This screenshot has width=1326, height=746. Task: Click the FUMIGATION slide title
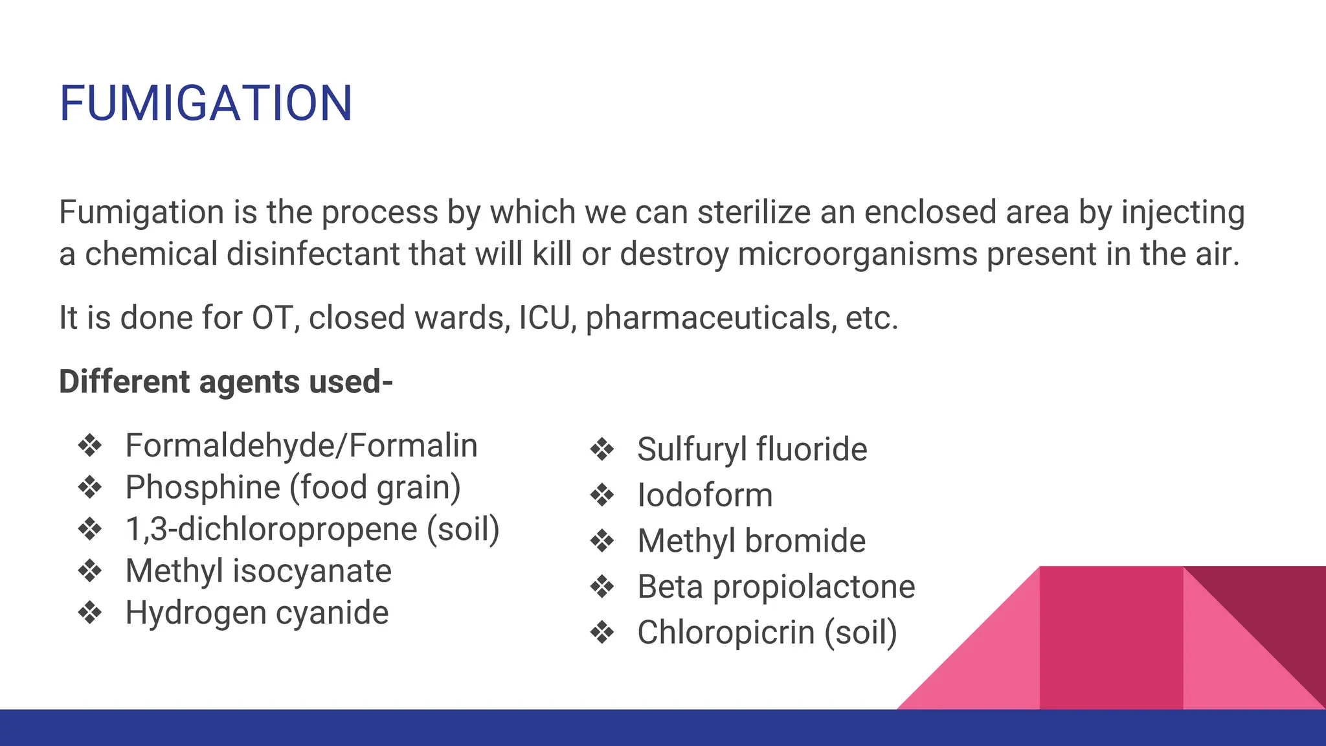tap(206, 104)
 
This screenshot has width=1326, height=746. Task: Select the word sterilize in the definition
tap(754, 212)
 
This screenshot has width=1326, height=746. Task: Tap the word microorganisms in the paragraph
tap(857, 254)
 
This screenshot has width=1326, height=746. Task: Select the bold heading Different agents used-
tap(226, 381)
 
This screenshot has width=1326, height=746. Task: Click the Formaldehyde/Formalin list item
tap(301, 446)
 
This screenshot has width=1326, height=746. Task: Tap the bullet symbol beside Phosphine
tap(89, 488)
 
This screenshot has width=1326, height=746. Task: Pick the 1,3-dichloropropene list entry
tap(312, 529)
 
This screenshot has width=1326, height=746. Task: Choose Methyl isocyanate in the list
tap(258, 571)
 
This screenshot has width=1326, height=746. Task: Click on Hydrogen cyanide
tap(257, 613)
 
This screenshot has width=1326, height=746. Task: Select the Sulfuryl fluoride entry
tap(752, 449)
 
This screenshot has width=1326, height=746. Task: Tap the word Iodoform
tap(704, 495)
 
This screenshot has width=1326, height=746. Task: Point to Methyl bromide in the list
tap(751, 541)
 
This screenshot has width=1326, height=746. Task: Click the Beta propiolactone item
tap(776, 587)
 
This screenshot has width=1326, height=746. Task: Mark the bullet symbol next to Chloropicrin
tap(602, 633)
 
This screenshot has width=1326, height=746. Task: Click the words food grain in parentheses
tap(376, 488)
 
